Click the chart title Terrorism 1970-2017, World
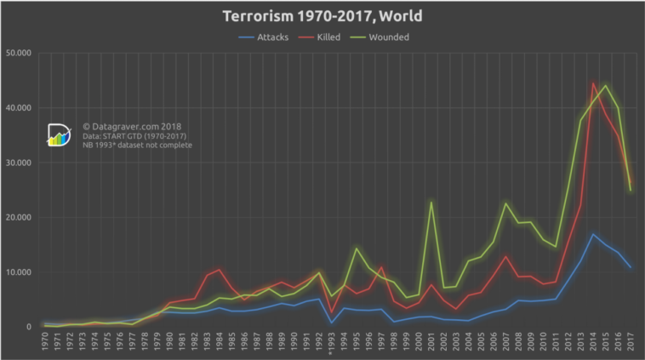(x=322, y=16)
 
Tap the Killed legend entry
(x=335, y=37)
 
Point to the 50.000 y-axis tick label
(x=19, y=54)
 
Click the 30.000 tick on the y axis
(x=19, y=163)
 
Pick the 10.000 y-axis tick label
(x=19, y=272)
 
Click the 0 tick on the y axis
(x=28, y=327)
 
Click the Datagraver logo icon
(x=59, y=135)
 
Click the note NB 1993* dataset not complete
(x=137, y=146)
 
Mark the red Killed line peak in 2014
(x=593, y=83)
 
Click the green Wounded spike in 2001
(x=431, y=202)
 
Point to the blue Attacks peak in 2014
(x=593, y=234)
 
